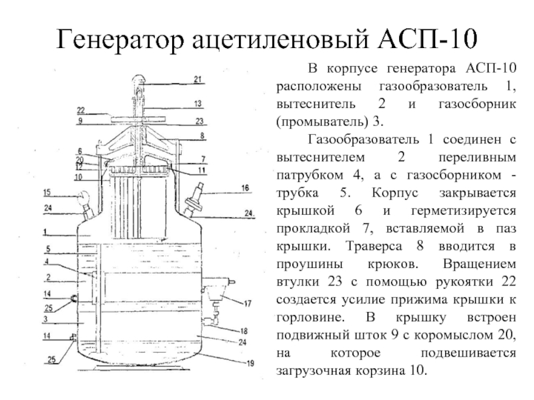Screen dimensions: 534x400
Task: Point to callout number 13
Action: pos(198,104)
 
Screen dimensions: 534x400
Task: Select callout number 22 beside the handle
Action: pos(80,110)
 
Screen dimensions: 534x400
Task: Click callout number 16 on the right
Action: pos(246,189)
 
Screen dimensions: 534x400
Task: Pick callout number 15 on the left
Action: pos(47,193)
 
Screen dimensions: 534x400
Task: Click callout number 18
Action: pos(244,331)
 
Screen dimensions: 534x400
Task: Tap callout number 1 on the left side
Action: pos(43,232)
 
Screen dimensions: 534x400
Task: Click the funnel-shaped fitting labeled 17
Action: pos(215,294)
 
